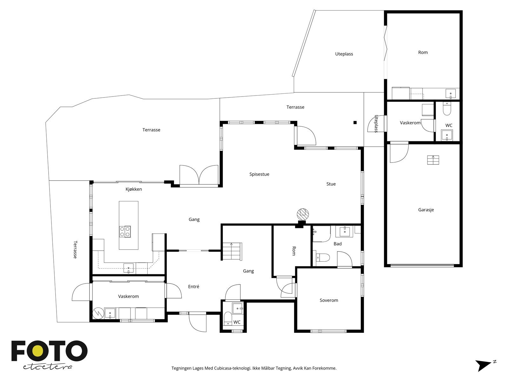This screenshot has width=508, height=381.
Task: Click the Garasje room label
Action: click(426, 210)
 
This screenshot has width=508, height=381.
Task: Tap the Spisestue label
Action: click(259, 174)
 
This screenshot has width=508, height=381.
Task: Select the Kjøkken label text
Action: click(134, 189)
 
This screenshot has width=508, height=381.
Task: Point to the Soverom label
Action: click(329, 300)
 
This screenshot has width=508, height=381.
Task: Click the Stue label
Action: click(331, 184)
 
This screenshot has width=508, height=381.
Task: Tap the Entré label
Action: click(193, 287)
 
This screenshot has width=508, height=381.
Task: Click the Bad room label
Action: click(338, 244)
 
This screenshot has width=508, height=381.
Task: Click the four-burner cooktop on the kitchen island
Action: click(125, 231)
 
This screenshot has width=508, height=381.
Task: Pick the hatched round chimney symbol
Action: click(303, 214)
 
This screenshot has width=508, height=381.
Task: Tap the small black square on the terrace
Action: click(355, 123)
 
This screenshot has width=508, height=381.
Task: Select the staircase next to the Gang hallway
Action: click(232, 251)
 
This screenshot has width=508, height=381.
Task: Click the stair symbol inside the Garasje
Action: click(433, 160)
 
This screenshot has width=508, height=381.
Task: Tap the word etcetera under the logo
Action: click(47, 367)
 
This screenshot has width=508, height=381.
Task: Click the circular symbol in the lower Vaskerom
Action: click(98, 313)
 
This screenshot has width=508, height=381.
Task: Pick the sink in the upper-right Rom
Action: click(451, 94)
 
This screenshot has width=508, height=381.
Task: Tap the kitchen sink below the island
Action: click(129, 268)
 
